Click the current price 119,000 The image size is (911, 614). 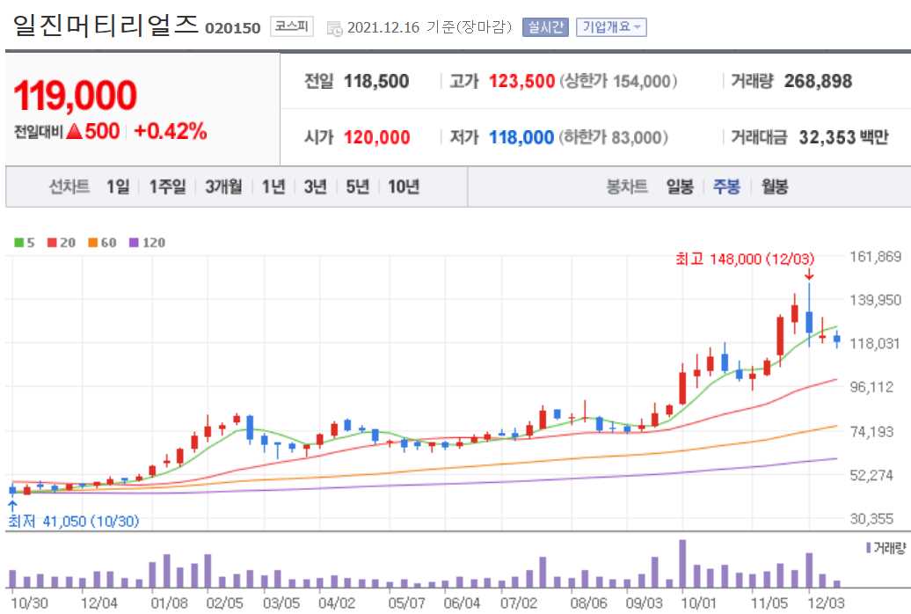pos(76,96)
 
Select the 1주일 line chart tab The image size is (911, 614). pos(167,186)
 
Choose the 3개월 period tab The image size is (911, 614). pos(223,186)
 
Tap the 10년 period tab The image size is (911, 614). pos(404,186)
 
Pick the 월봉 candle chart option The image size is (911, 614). pos(775,186)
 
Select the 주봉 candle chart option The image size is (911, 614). pos(726,186)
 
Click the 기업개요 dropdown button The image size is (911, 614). pos(611,27)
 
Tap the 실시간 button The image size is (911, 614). pos(546,27)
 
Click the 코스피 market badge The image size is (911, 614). pos(292,26)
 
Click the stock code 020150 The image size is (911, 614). pos(232,28)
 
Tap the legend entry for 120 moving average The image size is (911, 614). pos(147,242)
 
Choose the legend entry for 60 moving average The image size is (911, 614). pos(102,242)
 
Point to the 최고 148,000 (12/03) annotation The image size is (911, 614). pos(745,259)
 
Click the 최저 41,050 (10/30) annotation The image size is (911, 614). pos(74,521)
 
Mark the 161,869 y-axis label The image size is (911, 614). pos(877,257)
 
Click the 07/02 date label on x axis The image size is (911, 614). pos(519,603)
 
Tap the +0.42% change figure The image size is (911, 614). pos(171,132)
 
